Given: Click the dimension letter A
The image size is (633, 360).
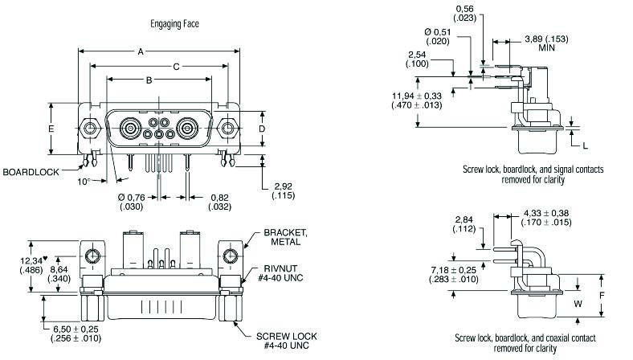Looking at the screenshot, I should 141,51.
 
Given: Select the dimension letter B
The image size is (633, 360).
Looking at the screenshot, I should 149,80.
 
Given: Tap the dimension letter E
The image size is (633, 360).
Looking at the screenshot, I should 50,129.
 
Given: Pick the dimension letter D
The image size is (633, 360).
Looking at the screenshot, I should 262,129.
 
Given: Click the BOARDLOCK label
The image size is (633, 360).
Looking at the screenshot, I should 30,173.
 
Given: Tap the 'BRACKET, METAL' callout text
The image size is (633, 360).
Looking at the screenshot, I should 284,237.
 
